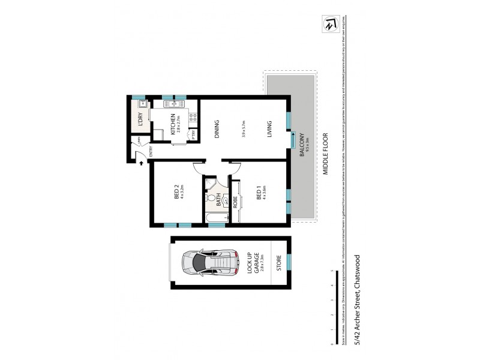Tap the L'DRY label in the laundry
click(139, 118)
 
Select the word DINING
click(217, 129)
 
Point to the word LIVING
click(271, 129)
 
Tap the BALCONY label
click(302, 145)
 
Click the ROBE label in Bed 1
click(236, 201)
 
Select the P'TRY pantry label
click(193, 136)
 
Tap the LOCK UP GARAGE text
click(253, 263)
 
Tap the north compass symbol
click(329, 26)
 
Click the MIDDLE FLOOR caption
click(326, 153)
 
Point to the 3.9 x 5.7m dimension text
click(243, 129)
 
